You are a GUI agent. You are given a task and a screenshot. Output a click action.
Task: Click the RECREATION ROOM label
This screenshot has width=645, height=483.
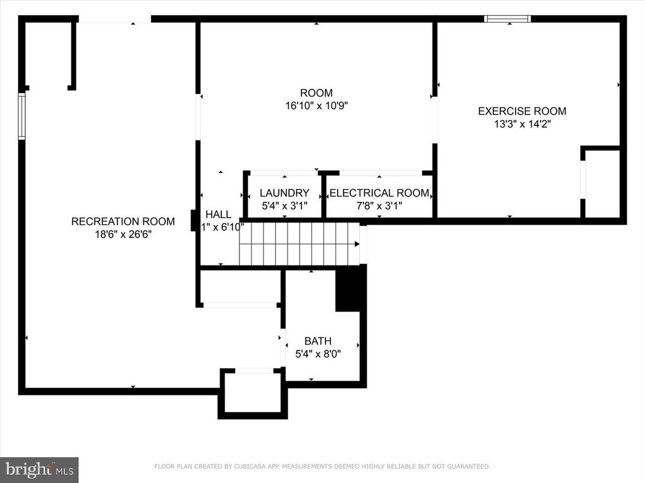123,222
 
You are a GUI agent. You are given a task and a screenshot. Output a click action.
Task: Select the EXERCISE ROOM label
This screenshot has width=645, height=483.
522,111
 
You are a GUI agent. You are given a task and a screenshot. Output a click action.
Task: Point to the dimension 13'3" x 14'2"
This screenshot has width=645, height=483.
522,124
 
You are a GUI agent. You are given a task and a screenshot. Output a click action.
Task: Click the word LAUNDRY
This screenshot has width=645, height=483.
284,193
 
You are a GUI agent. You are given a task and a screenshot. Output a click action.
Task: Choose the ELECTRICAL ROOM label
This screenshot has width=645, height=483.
379,193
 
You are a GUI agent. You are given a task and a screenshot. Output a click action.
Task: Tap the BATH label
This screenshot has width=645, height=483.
318,341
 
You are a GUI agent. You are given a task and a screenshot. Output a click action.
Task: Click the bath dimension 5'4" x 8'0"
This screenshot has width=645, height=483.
318,354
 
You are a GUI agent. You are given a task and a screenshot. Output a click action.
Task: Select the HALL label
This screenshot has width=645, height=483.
218,214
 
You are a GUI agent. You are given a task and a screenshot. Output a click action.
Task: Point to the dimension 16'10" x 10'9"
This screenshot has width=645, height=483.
316,106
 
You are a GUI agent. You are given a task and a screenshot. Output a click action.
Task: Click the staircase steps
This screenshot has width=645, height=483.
298,244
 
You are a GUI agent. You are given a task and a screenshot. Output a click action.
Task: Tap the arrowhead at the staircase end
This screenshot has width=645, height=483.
357,244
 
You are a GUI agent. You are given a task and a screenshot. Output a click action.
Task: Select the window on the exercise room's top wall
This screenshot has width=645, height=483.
508,19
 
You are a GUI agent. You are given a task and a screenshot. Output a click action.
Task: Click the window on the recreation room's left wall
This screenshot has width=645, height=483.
22,116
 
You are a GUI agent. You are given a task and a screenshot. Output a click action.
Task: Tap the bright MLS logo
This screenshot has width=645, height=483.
39,469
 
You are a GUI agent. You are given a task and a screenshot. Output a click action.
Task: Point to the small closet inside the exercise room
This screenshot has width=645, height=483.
602,183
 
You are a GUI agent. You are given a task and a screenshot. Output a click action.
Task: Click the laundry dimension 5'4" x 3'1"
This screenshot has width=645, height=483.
284,206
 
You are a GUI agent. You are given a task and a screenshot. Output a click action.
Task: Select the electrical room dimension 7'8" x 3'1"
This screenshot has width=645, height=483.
379,206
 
